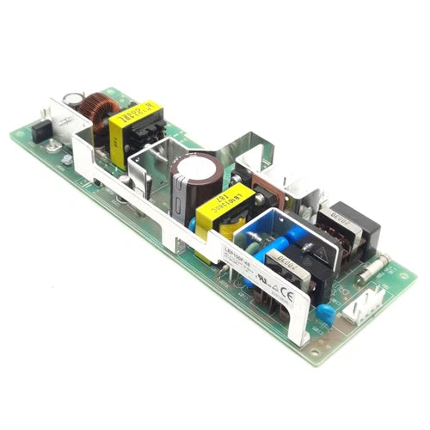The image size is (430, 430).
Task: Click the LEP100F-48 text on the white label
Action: pyautogui.click(x=238, y=255)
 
